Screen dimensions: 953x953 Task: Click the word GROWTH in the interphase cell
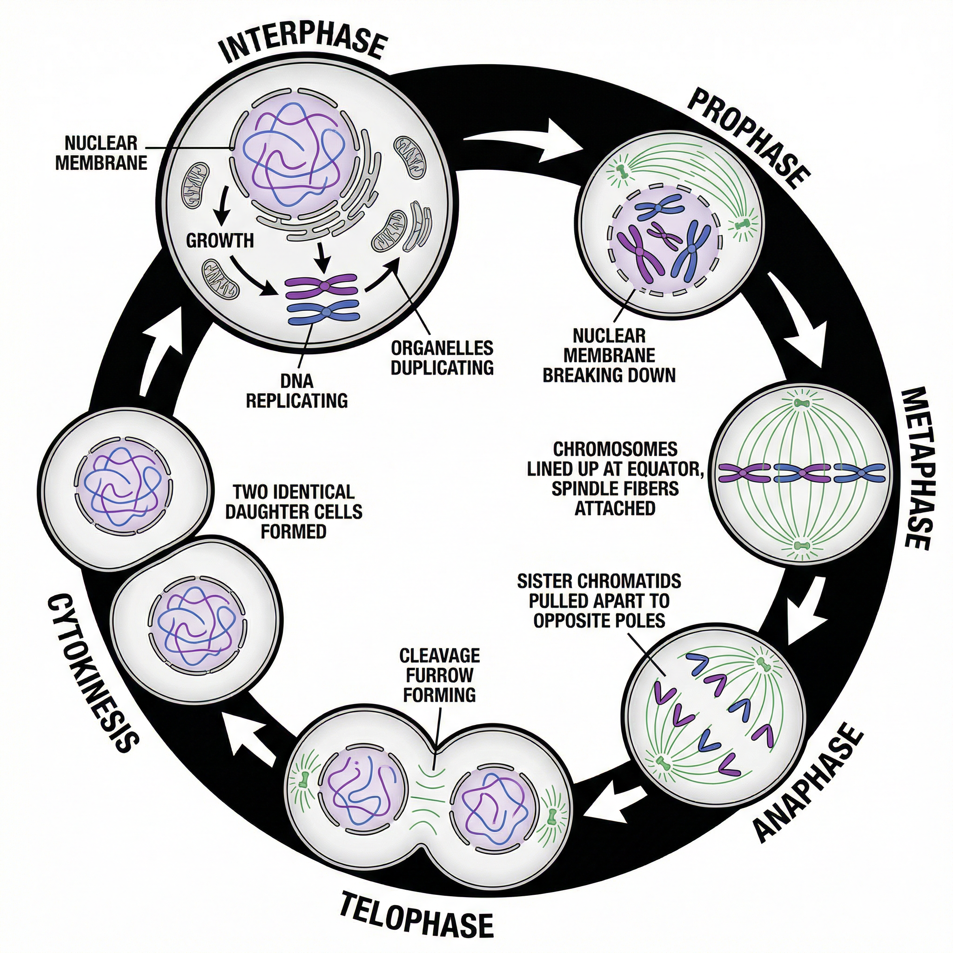(x=220, y=240)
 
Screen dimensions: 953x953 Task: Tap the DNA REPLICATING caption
(x=296, y=391)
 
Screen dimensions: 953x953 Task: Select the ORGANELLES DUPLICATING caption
(x=442, y=358)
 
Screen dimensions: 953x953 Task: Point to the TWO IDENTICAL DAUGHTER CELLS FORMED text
(x=294, y=511)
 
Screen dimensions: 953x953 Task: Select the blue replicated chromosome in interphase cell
(x=323, y=313)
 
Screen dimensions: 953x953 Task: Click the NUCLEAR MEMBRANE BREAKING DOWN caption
(x=609, y=355)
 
